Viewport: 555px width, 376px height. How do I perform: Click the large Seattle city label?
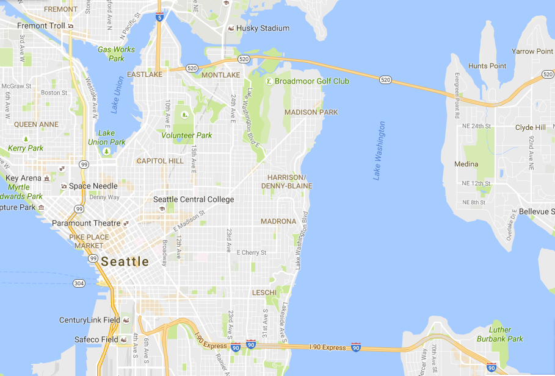[x=125, y=262]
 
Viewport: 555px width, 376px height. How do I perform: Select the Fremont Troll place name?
[x=41, y=26]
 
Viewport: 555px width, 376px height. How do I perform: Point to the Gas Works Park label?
[x=117, y=54]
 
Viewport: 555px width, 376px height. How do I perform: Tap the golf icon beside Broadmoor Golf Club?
[x=269, y=80]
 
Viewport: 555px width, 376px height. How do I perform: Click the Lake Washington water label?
[x=380, y=151]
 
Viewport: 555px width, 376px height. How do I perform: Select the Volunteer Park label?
[x=187, y=135]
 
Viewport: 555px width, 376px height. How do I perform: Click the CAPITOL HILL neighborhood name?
[x=160, y=161]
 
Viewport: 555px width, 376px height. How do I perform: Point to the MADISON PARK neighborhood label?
[x=311, y=112]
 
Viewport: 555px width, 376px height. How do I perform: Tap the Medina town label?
[x=466, y=165]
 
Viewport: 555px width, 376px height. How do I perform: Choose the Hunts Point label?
[x=487, y=66]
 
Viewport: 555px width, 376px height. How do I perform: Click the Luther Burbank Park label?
[x=506, y=335]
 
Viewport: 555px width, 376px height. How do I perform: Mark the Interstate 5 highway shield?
[x=159, y=17]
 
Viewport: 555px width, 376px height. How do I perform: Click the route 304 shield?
[x=79, y=283]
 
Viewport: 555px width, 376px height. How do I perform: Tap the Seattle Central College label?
[x=194, y=199]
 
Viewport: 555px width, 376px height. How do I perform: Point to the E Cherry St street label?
[x=252, y=252]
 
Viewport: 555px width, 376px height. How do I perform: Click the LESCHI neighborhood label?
[x=264, y=293]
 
